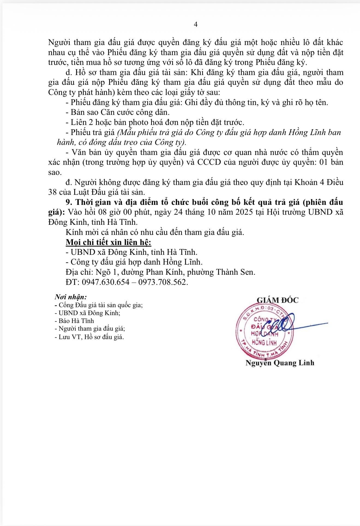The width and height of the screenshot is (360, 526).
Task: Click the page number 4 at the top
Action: pos(196,25)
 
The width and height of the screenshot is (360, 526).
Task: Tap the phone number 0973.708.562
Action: pos(163,282)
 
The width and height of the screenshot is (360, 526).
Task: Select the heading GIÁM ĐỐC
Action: pos(278,300)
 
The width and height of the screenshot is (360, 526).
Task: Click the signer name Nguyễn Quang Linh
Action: pos(280,363)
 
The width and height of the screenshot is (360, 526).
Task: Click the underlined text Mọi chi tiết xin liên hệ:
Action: pos(109,242)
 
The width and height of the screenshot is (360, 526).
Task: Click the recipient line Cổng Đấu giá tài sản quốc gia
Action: pos(99,305)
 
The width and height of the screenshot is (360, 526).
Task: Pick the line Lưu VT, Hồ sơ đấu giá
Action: pos(89,337)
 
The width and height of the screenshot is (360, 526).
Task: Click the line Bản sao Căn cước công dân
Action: pos(118,112)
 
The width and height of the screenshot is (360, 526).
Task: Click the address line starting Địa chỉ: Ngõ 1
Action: pos(161,272)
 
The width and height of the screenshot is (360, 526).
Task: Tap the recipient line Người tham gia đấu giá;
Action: pos(90,329)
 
